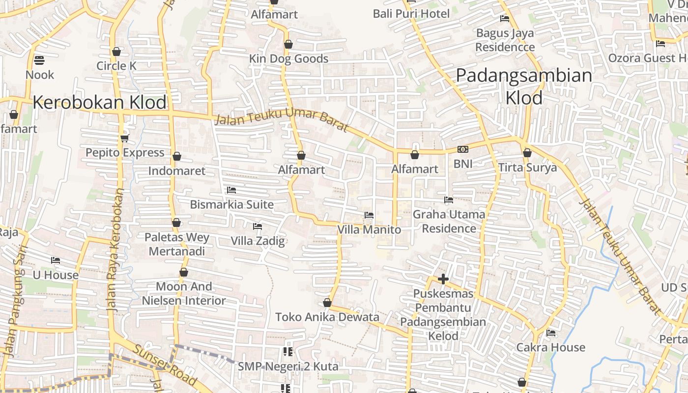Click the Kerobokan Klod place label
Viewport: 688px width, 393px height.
coord(100,103)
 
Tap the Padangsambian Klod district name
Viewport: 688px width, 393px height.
coord(524,86)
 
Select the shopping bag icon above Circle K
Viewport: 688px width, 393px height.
coord(116,52)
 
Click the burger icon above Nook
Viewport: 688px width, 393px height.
coord(40,60)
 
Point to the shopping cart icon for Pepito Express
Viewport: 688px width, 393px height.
coord(124,138)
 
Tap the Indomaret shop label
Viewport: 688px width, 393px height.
coord(177,171)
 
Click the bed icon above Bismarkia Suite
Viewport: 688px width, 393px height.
coord(231,190)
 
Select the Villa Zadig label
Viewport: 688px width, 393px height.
coord(258,241)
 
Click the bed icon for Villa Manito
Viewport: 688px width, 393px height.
coord(369,215)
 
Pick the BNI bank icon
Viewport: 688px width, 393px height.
coord(462,149)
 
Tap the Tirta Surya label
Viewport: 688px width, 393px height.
coord(527,168)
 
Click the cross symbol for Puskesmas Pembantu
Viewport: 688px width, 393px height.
coord(443,279)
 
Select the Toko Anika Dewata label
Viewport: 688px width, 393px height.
coord(327,317)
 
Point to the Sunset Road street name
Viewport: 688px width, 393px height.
coord(165,365)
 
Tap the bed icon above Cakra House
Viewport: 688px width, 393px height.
coord(551,333)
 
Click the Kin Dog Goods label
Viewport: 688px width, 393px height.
coord(288,59)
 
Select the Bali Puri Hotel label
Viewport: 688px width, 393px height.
coord(411,14)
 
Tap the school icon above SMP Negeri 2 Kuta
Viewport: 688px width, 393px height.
coord(288,352)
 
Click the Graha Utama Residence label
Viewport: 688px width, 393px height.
coord(449,221)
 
